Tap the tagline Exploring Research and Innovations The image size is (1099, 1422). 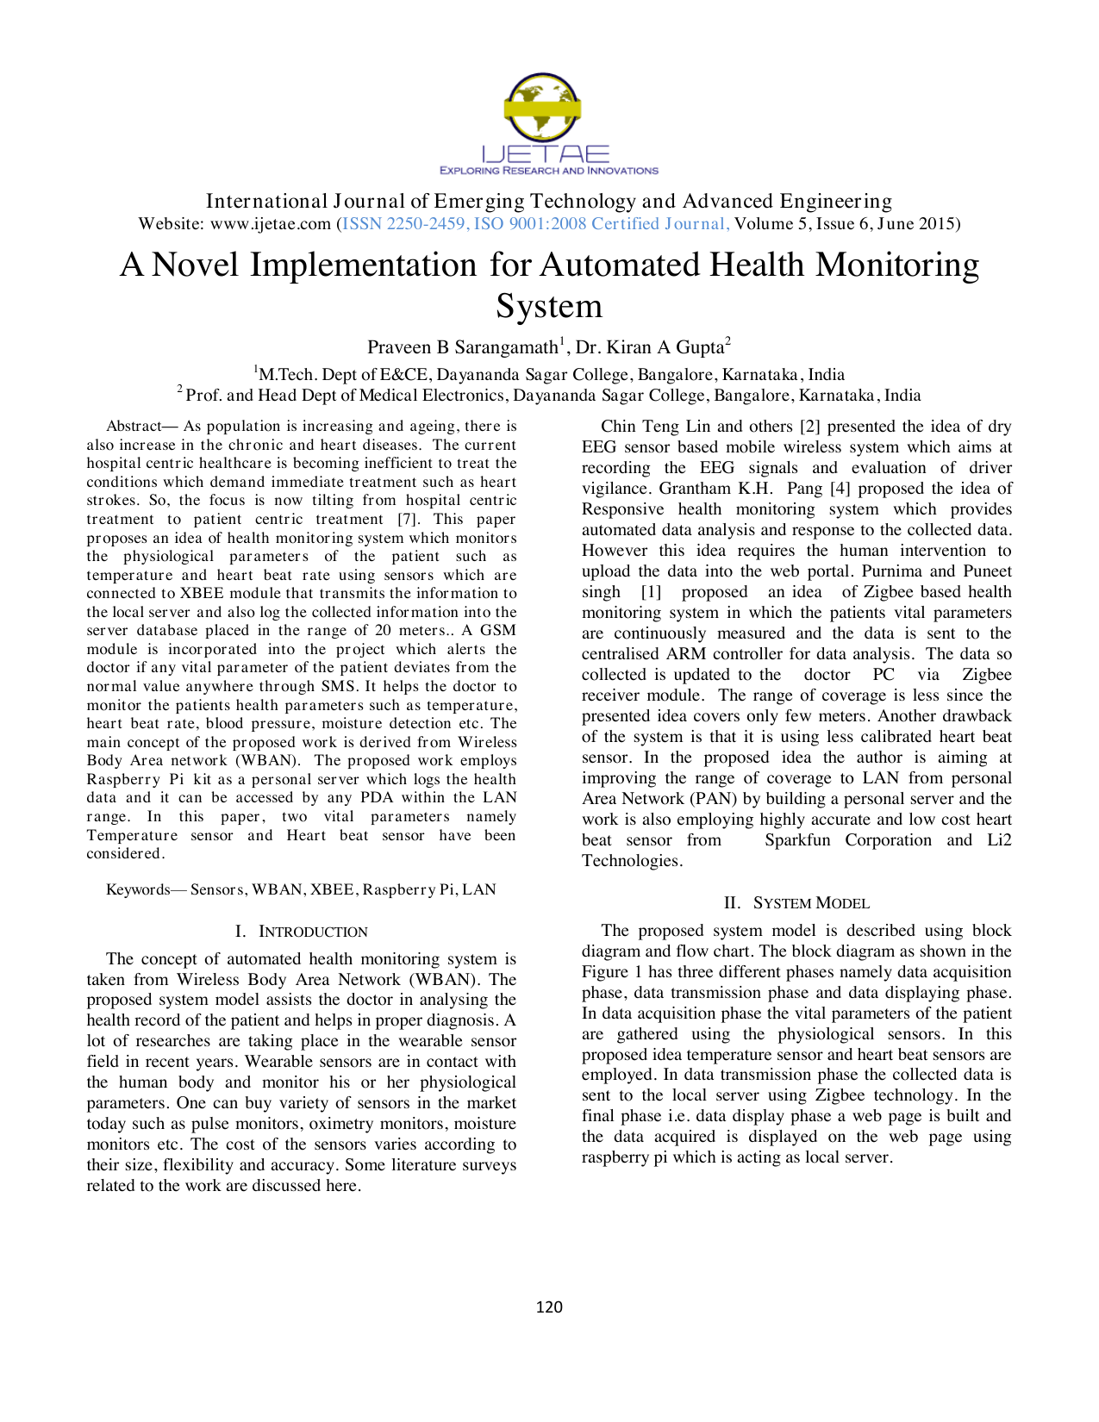tap(549, 171)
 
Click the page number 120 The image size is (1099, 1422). tap(549, 1307)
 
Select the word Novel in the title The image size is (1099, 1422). tap(195, 265)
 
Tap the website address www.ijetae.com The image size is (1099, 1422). tap(271, 224)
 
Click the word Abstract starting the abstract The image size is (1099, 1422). tap(134, 426)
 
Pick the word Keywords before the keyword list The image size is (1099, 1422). tap(138, 889)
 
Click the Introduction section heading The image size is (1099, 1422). tap(301, 932)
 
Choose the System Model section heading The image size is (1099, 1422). tap(797, 903)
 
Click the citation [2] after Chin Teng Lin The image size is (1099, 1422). tap(809, 427)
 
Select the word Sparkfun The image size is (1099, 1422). tap(797, 840)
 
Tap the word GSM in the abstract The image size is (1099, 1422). tap(498, 630)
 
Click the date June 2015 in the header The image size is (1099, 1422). tap(916, 224)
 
